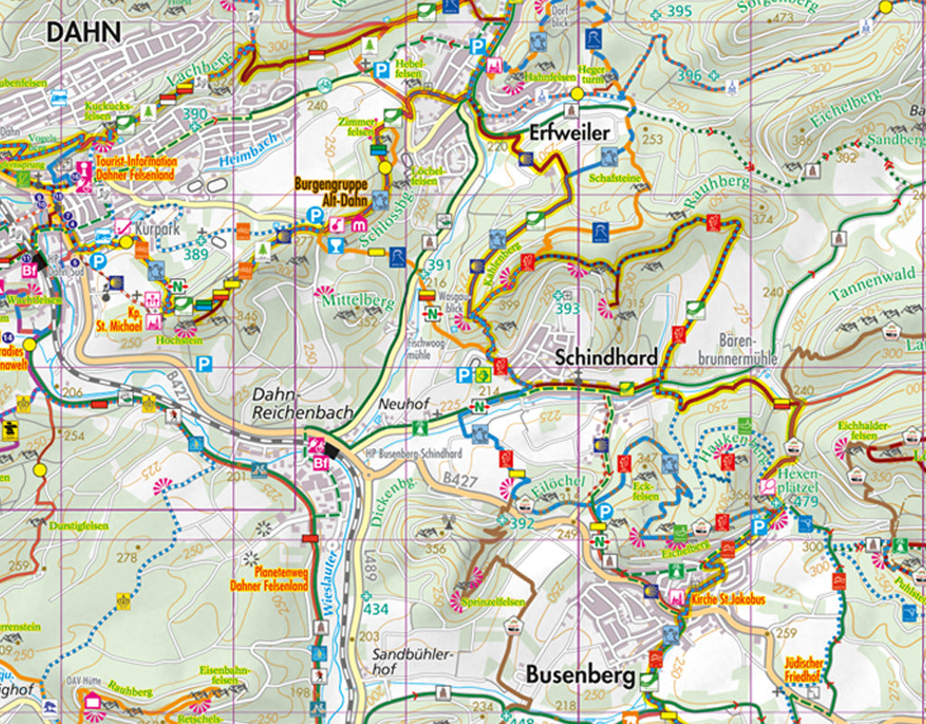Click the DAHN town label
pos(83,32)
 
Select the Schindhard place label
pos(606,357)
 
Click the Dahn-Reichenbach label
pos(303,403)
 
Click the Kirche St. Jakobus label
pos(728,600)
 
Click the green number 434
pos(375,609)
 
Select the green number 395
pos(678,11)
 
